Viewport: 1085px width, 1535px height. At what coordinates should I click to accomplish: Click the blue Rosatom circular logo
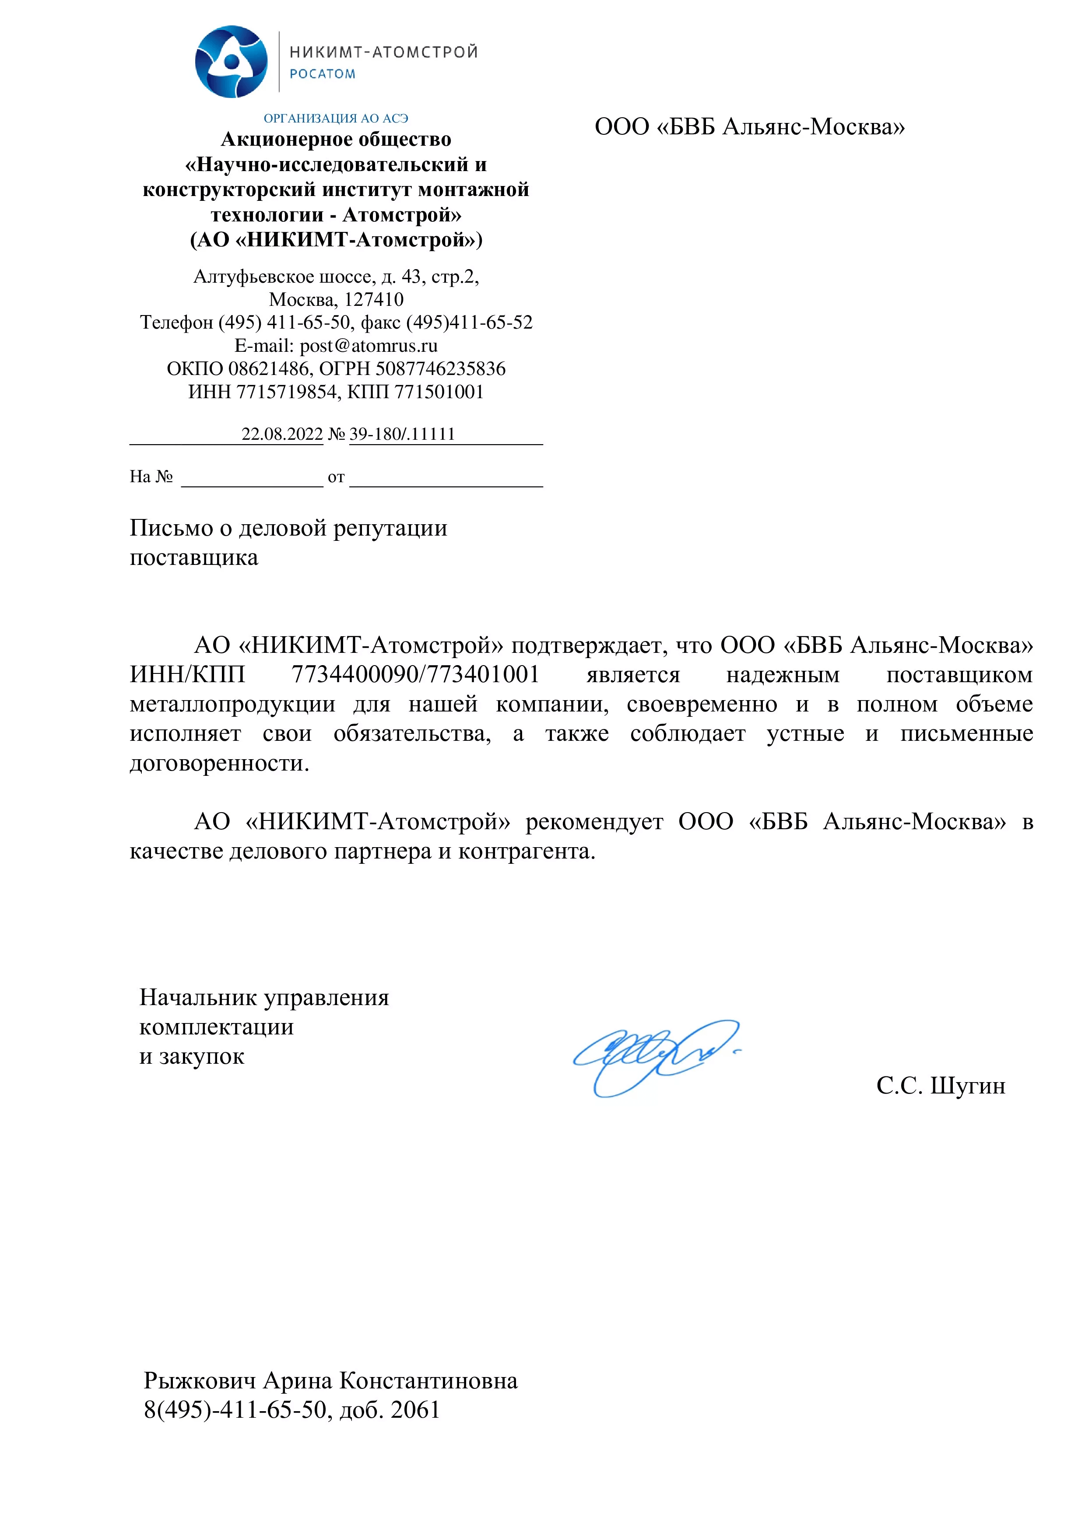[x=231, y=62]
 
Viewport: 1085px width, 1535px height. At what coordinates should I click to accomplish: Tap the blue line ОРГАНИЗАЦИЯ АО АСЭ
[x=336, y=118]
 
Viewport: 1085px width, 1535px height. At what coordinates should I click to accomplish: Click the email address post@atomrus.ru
[x=369, y=346]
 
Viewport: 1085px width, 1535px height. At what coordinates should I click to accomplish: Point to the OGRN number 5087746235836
[x=441, y=368]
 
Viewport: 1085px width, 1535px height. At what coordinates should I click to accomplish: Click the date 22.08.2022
[x=282, y=434]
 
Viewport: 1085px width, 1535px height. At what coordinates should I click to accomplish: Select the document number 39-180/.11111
[x=402, y=434]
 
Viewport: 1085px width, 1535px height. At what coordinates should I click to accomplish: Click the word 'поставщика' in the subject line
[x=194, y=557]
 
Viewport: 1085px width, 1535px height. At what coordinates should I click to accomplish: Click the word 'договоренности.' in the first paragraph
[x=219, y=763]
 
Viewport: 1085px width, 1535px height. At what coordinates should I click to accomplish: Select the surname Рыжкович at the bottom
[x=200, y=1381]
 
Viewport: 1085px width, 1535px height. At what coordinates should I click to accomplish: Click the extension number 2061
[x=415, y=1410]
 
